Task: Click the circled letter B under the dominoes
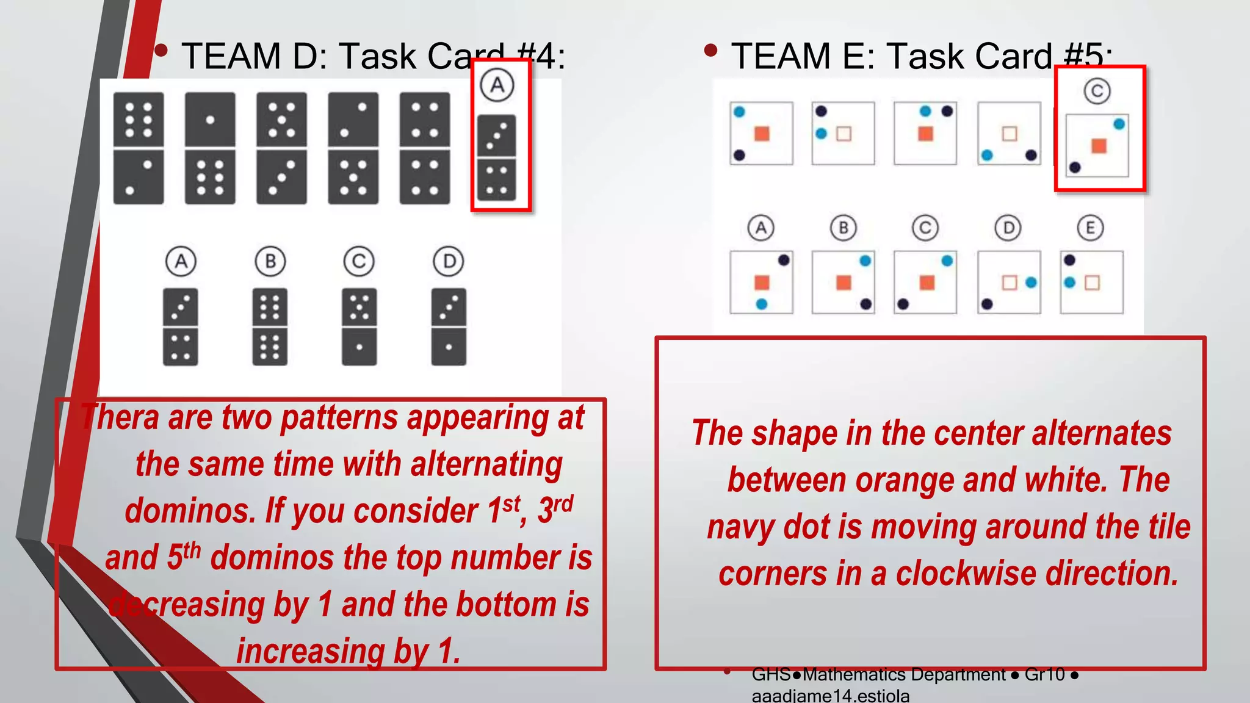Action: point(270,261)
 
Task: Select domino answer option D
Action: point(449,327)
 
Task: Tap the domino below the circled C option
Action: point(359,327)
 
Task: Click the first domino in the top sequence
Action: point(139,148)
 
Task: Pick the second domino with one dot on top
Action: point(210,148)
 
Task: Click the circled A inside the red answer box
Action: point(497,85)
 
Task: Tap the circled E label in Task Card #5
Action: point(1090,228)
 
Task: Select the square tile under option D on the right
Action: point(1009,282)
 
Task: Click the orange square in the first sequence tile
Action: point(762,134)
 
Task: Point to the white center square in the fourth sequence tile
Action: point(1010,134)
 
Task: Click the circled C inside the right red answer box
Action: point(1097,92)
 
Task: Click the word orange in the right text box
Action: point(905,480)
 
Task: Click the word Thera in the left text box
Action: point(120,418)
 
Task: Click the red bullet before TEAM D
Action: point(161,50)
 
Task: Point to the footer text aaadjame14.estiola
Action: point(830,696)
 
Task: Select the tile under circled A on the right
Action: point(761,282)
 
